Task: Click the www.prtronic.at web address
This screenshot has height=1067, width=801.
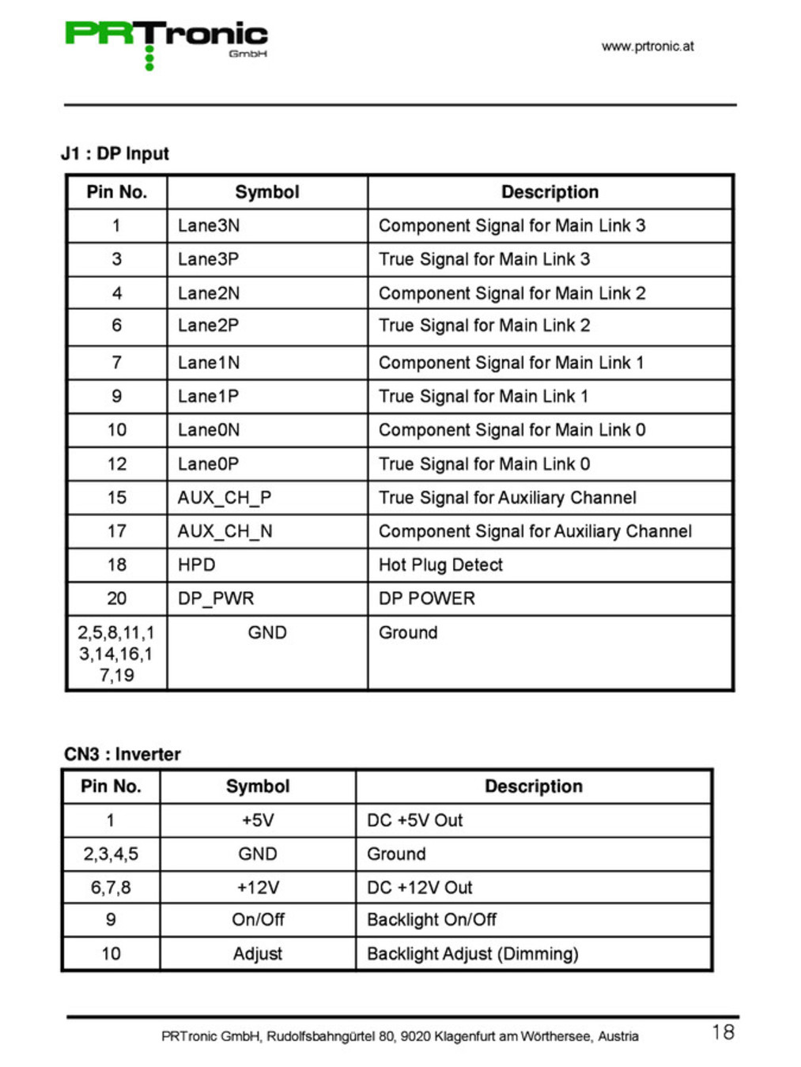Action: tap(647, 47)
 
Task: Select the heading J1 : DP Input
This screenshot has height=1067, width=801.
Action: tap(115, 153)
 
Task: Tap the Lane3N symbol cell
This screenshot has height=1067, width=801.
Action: tap(209, 226)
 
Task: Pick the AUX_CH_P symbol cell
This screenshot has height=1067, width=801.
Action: tap(225, 498)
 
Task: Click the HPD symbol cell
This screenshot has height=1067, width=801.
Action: tap(197, 565)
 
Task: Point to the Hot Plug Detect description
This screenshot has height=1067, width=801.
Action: tap(440, 565)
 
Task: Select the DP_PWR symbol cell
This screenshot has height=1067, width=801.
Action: tap(216, 599)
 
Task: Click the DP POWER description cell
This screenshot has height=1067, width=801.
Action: tap(427, 599)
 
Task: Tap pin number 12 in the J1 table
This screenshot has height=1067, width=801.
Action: tap(117, 464)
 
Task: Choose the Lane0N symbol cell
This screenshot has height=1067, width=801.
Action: tap(209, 430)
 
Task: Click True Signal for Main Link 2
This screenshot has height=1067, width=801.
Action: tap(484, 326)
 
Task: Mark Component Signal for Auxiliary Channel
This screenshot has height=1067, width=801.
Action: tap(535, 531)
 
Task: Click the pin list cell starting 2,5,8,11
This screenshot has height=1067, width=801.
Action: tap(116, 654)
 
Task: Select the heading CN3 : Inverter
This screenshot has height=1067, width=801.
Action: tap(123, 754)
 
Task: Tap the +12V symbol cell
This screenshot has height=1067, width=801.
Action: tap(258, 888)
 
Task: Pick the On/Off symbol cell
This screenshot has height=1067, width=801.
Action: tap(258, 920)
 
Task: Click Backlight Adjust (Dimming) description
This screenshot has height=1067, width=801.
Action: tap(473, 954)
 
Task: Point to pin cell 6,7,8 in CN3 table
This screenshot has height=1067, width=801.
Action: tap(111, 888)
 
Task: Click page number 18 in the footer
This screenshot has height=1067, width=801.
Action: tap(723, 1032)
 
